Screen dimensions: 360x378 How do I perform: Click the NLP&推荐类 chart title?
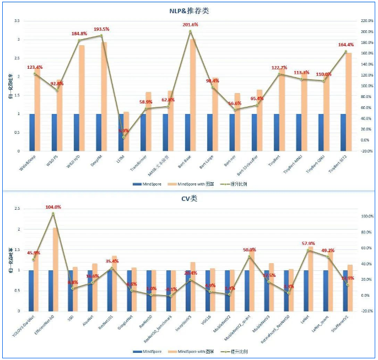click(189, 11)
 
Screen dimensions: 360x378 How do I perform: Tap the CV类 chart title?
click(189, 198)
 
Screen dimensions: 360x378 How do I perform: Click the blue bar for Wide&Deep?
click(32, 132)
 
